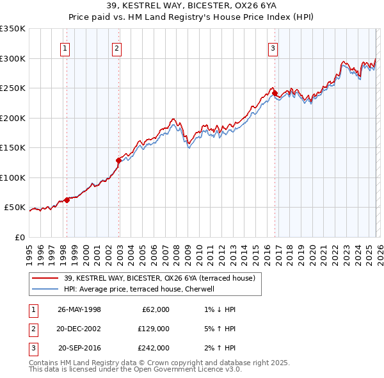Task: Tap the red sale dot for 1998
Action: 67,200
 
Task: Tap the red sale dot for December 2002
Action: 118,160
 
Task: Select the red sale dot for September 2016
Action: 275,94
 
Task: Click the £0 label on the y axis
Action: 19,237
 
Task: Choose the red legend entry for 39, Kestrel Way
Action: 160,278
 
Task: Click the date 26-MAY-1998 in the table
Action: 79,309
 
